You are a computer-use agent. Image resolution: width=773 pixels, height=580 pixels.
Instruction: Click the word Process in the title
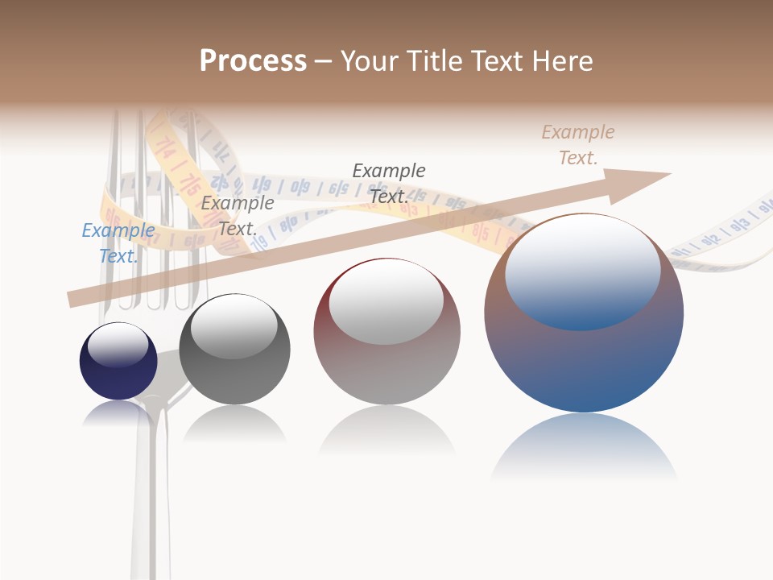pos(253,61)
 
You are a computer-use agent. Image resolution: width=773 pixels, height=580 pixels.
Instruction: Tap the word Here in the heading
pos(563,61)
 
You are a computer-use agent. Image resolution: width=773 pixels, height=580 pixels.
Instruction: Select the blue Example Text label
pos(118,243)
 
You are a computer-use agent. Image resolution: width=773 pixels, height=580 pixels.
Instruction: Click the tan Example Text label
pos(578,145)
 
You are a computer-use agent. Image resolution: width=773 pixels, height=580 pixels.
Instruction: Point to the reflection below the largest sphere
pos(584,447)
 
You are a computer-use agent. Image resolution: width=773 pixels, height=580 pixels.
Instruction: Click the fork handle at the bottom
pos(151,507)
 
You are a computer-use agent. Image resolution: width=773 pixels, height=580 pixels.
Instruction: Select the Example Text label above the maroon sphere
pos(389,183)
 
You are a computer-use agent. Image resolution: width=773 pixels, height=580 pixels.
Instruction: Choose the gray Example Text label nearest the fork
pos(238,216)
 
